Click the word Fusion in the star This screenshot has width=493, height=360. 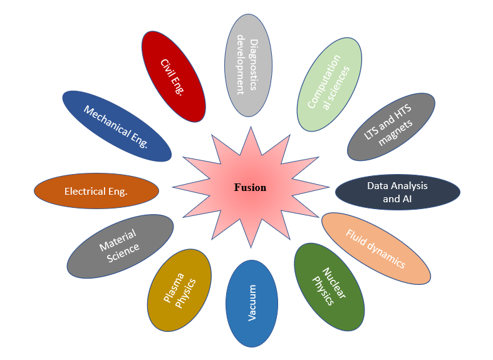coord(250,187)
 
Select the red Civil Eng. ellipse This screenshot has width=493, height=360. coord(174,76)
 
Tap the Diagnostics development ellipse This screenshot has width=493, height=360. coord(248,64)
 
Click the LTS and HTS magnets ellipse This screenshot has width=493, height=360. coord(392,126)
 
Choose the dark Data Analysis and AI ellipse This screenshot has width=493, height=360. coord(397,192)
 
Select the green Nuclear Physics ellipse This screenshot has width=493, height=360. coord(329,286)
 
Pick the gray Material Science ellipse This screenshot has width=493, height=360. coord(120,245)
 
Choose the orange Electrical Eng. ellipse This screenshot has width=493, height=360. coord(96,191)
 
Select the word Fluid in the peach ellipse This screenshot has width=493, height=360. coord(357,238)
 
